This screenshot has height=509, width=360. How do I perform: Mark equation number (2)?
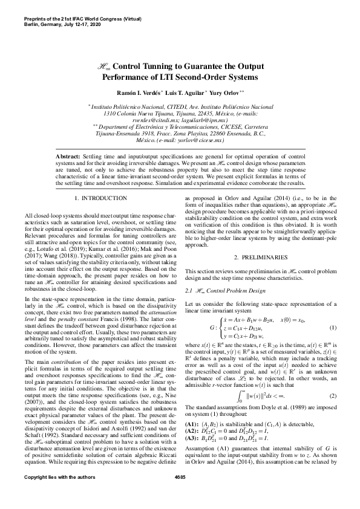click(x=332, y=379)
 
